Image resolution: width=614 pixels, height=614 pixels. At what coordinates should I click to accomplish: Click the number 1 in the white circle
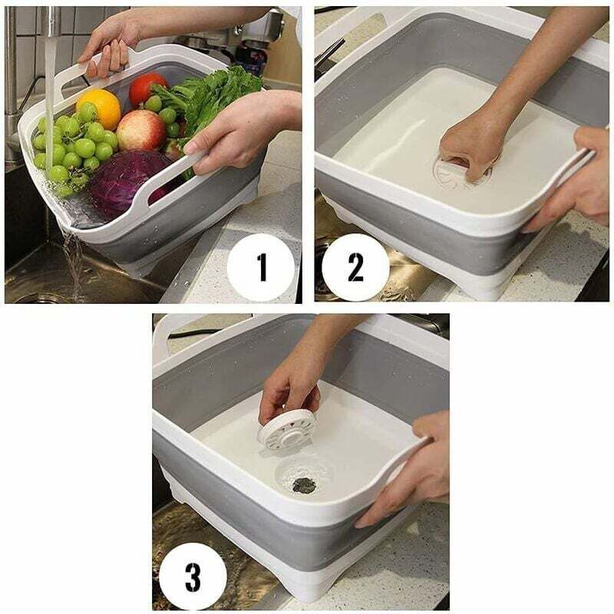pos(262,267)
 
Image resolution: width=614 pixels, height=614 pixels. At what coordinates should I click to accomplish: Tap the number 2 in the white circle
pos(355,267)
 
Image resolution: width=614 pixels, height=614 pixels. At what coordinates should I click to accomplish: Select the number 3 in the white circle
pos(193,577)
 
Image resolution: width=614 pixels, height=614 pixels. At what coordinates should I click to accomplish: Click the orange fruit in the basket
pos(99,108)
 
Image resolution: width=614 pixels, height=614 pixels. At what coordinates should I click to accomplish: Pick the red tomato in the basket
pos(147,88)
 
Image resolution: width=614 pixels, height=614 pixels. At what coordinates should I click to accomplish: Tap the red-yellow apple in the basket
pos(141,130)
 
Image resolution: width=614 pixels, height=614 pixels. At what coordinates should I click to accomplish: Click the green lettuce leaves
pos(207,98)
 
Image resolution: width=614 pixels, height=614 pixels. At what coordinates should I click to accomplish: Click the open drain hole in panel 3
pos(304,486)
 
